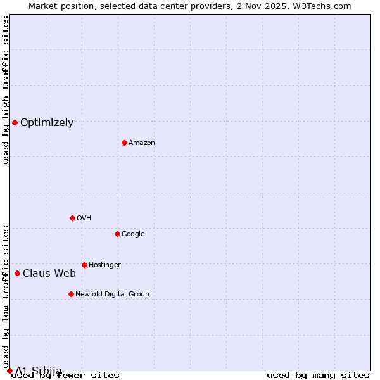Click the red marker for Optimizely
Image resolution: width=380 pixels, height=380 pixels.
click(15, 122)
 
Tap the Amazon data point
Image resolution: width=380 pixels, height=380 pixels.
click(124, 142)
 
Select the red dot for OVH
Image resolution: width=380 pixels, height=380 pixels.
click(72, 218)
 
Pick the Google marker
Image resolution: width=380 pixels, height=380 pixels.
click(117, 234)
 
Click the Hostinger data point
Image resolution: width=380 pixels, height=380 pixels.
click(84, 265)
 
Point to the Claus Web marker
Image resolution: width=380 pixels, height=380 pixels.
click(17, 273)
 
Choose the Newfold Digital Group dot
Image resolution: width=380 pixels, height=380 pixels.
click(71, 294)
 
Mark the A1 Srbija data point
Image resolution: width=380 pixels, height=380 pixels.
click(9, 370)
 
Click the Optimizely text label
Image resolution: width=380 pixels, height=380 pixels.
click(47, 123)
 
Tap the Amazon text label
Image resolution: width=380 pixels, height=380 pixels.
click(142, 143)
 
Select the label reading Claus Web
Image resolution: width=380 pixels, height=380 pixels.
click(49, 274)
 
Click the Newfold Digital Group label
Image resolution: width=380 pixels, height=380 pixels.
click(113, 294)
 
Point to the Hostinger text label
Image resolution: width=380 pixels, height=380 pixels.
click(104, 265)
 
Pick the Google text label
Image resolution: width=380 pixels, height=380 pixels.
click(133, 234)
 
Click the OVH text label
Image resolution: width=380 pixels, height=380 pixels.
click(84, 218)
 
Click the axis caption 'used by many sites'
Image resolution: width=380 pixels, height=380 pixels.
click(318, 376)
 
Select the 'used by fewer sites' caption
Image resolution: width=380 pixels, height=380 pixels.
click(66, 376)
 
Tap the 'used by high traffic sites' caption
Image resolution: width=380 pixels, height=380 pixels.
click(6, 90)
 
